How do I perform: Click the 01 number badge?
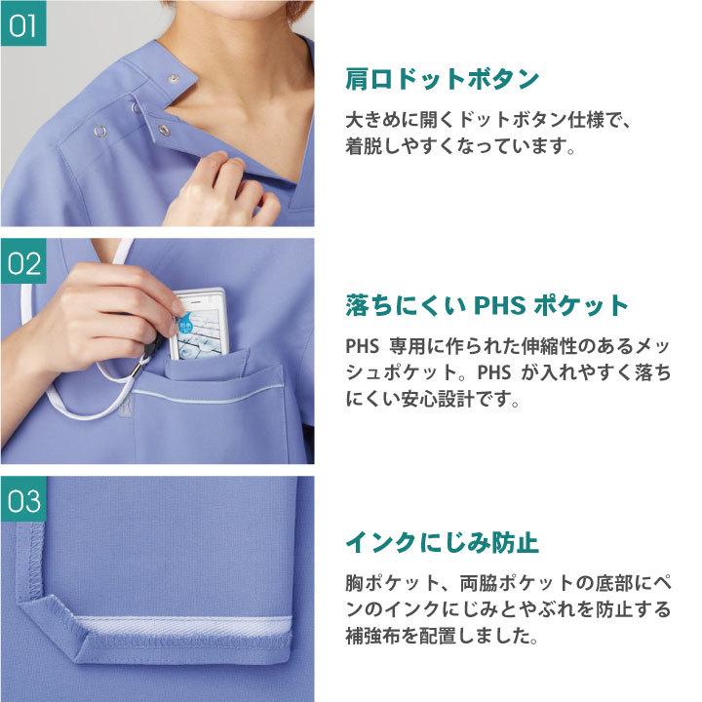pyautogui.click(x=23, y=23)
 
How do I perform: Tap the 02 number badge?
pyautogui.click(x=23, y=261)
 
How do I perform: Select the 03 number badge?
pyautogui.click(x=23, y=499)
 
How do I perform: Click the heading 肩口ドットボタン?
pyautogui.click(x=442, y=79)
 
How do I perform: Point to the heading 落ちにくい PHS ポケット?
pyautogui.click(x=487, y=305)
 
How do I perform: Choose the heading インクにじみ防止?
pyautogui.click(x=442, y=543)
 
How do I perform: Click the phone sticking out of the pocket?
pyautogui.click(x=197, y=324)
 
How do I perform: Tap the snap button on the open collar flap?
pyautogui.click(x=174, y=79)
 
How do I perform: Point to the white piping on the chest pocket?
pyautogui.click(x=210, y=394)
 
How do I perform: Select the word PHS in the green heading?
pyautogui.click(x=499, y=305)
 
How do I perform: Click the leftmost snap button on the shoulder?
pyautogui.click(x=99, y=131)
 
